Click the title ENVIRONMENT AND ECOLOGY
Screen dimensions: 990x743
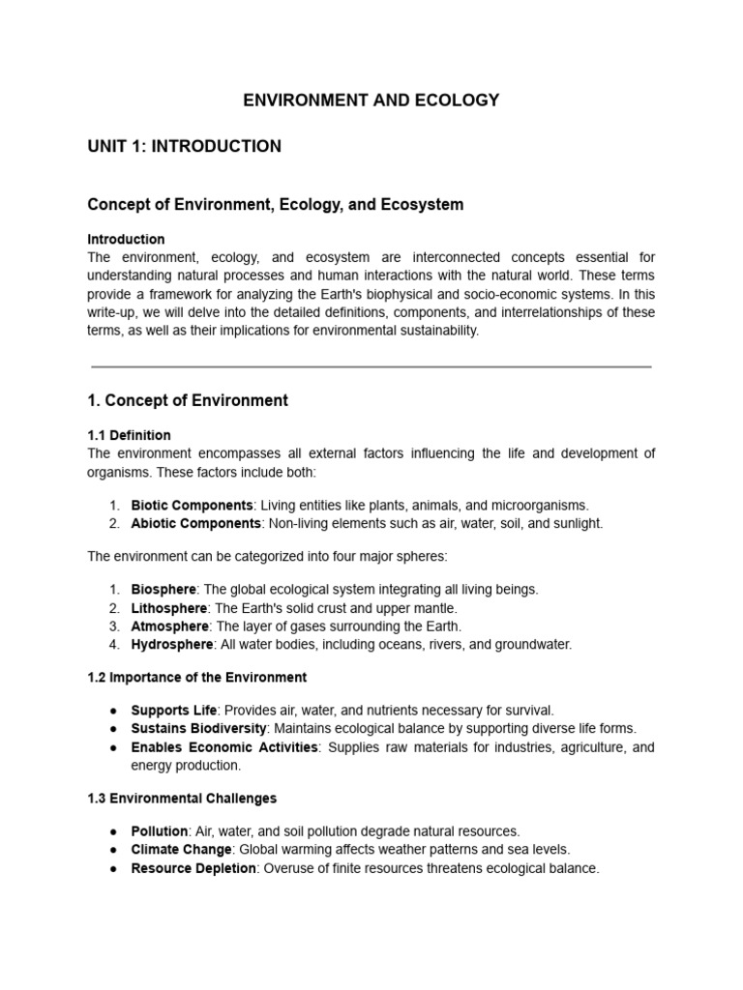tap(371, 100)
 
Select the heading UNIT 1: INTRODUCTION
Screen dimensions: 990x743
tap(184, 147)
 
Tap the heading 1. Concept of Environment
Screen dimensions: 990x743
tap(188, 400)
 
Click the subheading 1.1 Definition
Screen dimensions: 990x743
tap(129, 435)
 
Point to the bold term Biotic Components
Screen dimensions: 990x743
tap(193, 505)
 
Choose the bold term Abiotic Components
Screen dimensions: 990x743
tap(196, 523)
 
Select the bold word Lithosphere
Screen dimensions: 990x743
tap(168, 608)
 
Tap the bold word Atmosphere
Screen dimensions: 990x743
tap(169, 626)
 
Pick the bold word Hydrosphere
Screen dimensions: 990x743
tap(170, 644)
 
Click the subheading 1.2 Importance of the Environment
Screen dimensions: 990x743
tap(196, 677)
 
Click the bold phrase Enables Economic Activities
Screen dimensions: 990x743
tap(223, 747)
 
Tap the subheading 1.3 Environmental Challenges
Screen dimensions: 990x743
tap(182, 798)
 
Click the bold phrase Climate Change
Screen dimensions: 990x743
tap(181, 849)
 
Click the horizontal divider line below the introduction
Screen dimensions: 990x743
tap(371, 367)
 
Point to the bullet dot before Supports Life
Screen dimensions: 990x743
tap(114, 711)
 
